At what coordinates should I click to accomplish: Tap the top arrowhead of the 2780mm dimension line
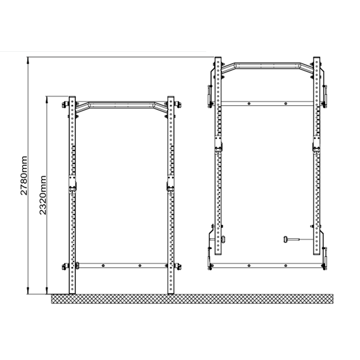28,59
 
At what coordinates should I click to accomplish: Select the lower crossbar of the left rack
121,265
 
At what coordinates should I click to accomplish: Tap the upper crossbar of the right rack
267,103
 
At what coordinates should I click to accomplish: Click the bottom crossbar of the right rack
267,265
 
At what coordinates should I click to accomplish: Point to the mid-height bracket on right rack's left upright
218,144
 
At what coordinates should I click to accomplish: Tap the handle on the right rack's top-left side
209,96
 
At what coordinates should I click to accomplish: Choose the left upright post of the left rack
72,225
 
